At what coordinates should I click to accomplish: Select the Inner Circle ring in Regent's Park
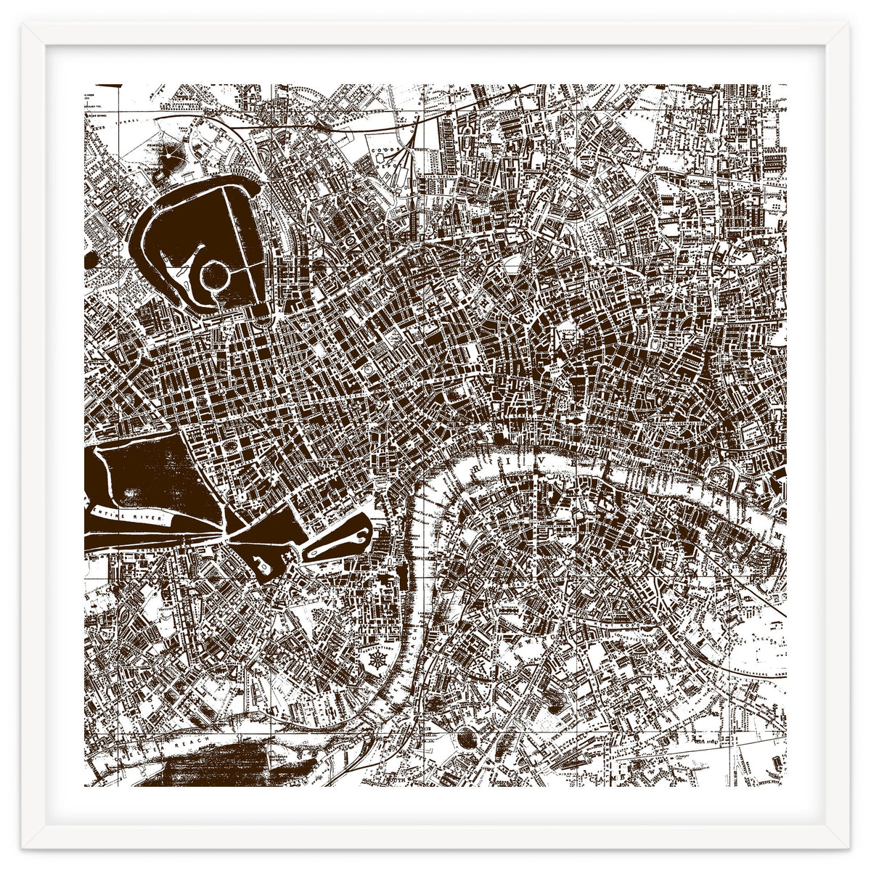click(x=216, y=277)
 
